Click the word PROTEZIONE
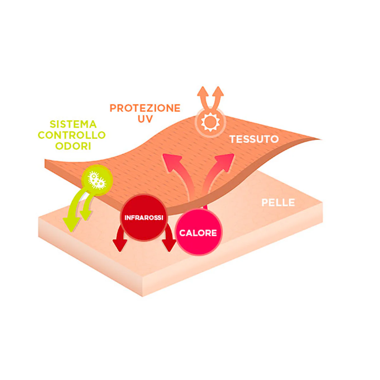tap(145, 108)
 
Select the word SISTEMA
tap(73, 124)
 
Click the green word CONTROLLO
tap(72, 135)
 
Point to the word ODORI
tap(73, 146)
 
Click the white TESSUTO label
tap(254, 139)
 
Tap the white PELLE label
tap(278, 203)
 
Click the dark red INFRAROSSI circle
tap(144, 218)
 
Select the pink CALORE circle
tap(198, 233)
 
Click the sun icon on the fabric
tap(210, 123)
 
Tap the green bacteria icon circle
tap(97, 180)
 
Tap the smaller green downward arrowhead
tap(86, 216)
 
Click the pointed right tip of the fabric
tap(322, 140)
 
